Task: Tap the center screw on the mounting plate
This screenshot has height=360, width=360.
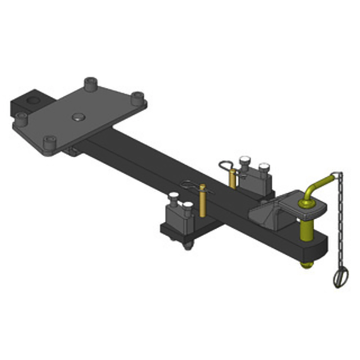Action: [78, 117]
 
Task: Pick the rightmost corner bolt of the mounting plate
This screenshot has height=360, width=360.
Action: [138, 97]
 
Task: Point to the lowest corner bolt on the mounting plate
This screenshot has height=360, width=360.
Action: [49, 143]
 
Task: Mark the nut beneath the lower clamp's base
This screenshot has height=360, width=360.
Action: [188, 245]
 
